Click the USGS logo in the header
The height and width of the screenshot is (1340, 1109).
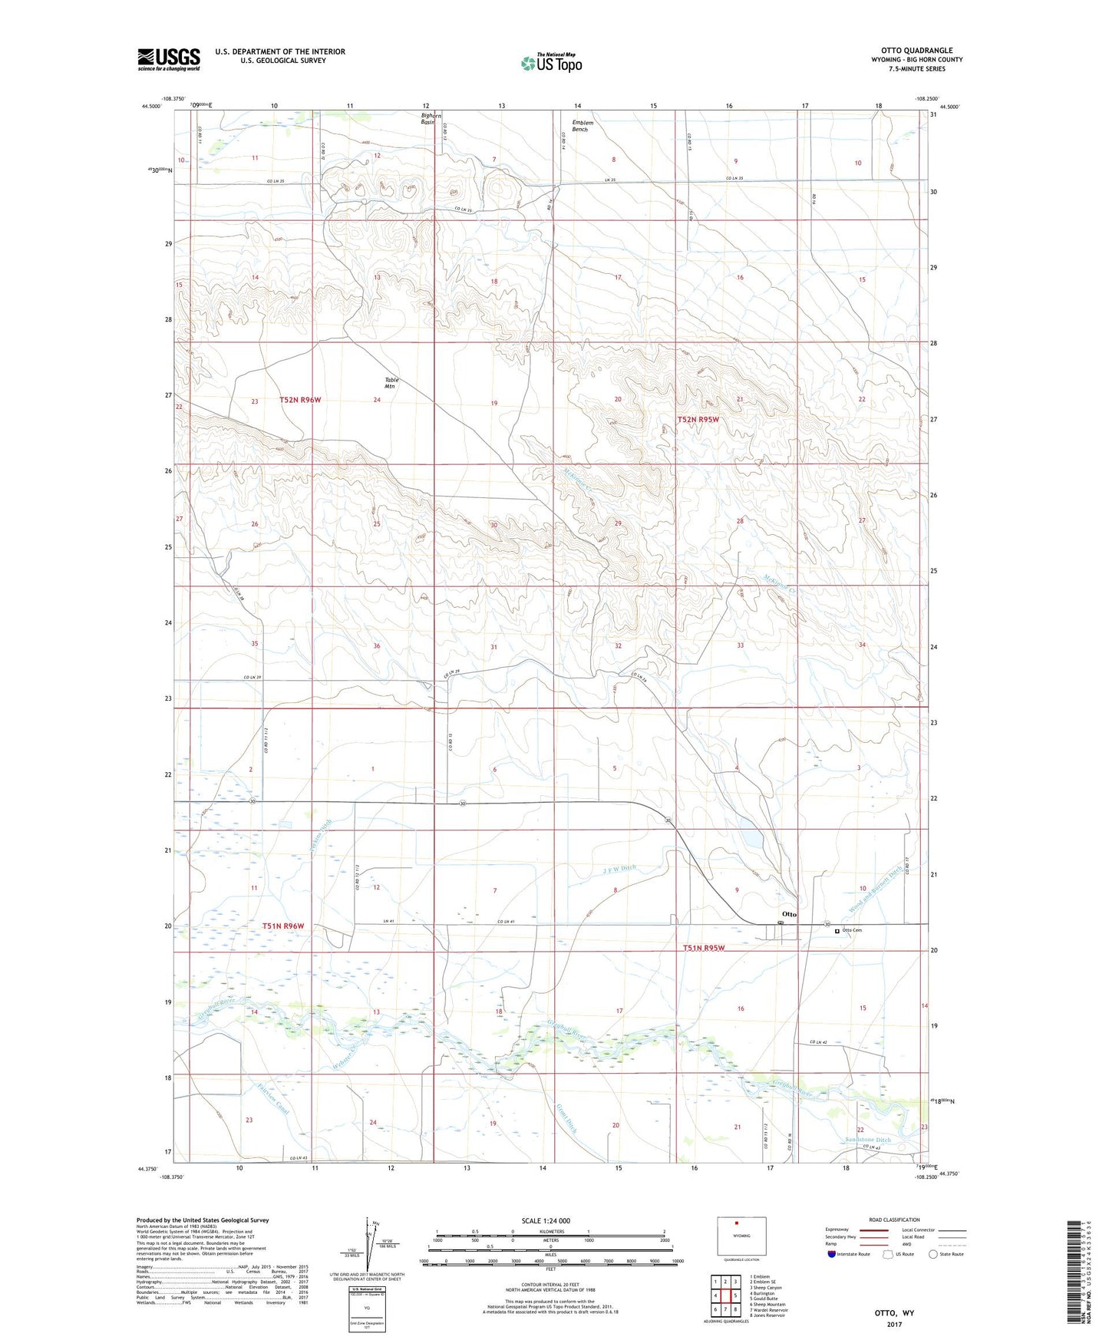pos(169,59)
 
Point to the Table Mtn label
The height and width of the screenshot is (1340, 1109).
pos(391,384)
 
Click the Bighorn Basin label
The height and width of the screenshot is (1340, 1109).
pos(428,119)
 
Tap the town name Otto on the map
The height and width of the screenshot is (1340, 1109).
pos(789,914)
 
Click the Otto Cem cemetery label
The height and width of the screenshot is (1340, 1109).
pos(852,930)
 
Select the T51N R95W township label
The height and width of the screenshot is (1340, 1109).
pos(704,948)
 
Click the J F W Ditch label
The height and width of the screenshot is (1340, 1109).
pos(620,868)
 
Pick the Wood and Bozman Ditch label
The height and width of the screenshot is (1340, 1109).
pos(875,890)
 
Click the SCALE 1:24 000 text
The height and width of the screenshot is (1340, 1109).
pos(546,1220)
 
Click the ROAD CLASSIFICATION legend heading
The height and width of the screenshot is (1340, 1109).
pos(893,1220)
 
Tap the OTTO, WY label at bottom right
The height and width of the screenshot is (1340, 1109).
pos(894,1313)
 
